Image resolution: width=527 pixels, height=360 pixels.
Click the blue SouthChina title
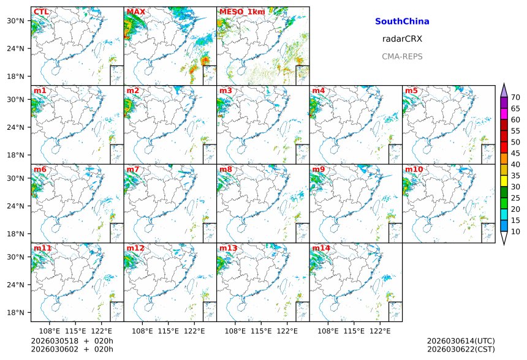(401, 21)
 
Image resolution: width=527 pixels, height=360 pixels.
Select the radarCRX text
(401, 39)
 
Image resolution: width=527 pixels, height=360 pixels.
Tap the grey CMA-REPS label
(401, 56)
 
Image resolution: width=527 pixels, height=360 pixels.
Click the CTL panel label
(41, 12)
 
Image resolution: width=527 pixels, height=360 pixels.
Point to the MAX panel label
(135, 12)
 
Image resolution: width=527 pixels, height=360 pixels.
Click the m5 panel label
(411, 91)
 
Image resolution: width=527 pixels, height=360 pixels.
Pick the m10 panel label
(414, 170)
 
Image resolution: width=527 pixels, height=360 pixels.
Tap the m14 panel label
(321, 248)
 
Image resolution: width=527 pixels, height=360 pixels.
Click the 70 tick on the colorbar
(515, 97)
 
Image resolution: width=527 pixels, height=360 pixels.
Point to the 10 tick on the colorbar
(515, 231)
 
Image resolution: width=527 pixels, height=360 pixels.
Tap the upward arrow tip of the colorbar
(504, 84)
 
